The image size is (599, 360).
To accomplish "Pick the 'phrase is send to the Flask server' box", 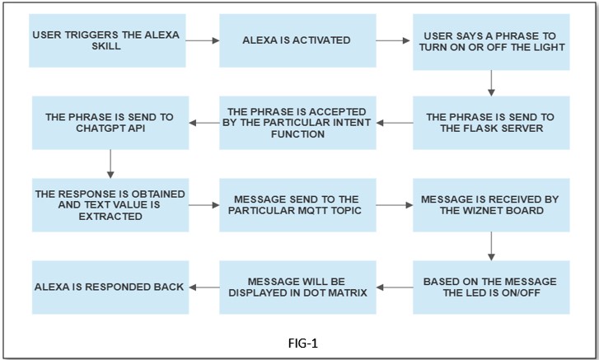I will (x=489, y=122).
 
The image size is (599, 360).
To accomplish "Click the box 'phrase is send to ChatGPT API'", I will (x=110, y=122).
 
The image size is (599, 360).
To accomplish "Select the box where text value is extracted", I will (x=110, y=204).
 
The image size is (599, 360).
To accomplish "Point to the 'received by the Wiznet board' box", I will (x=489, y=204).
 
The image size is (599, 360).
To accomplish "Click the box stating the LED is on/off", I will (x=489, y=287).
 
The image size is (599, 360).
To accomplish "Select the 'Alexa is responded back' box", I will (x=110, y=287).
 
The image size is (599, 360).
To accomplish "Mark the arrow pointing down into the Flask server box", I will (x=491, y=82).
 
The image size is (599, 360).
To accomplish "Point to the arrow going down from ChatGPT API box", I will (x=110, y=164).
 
